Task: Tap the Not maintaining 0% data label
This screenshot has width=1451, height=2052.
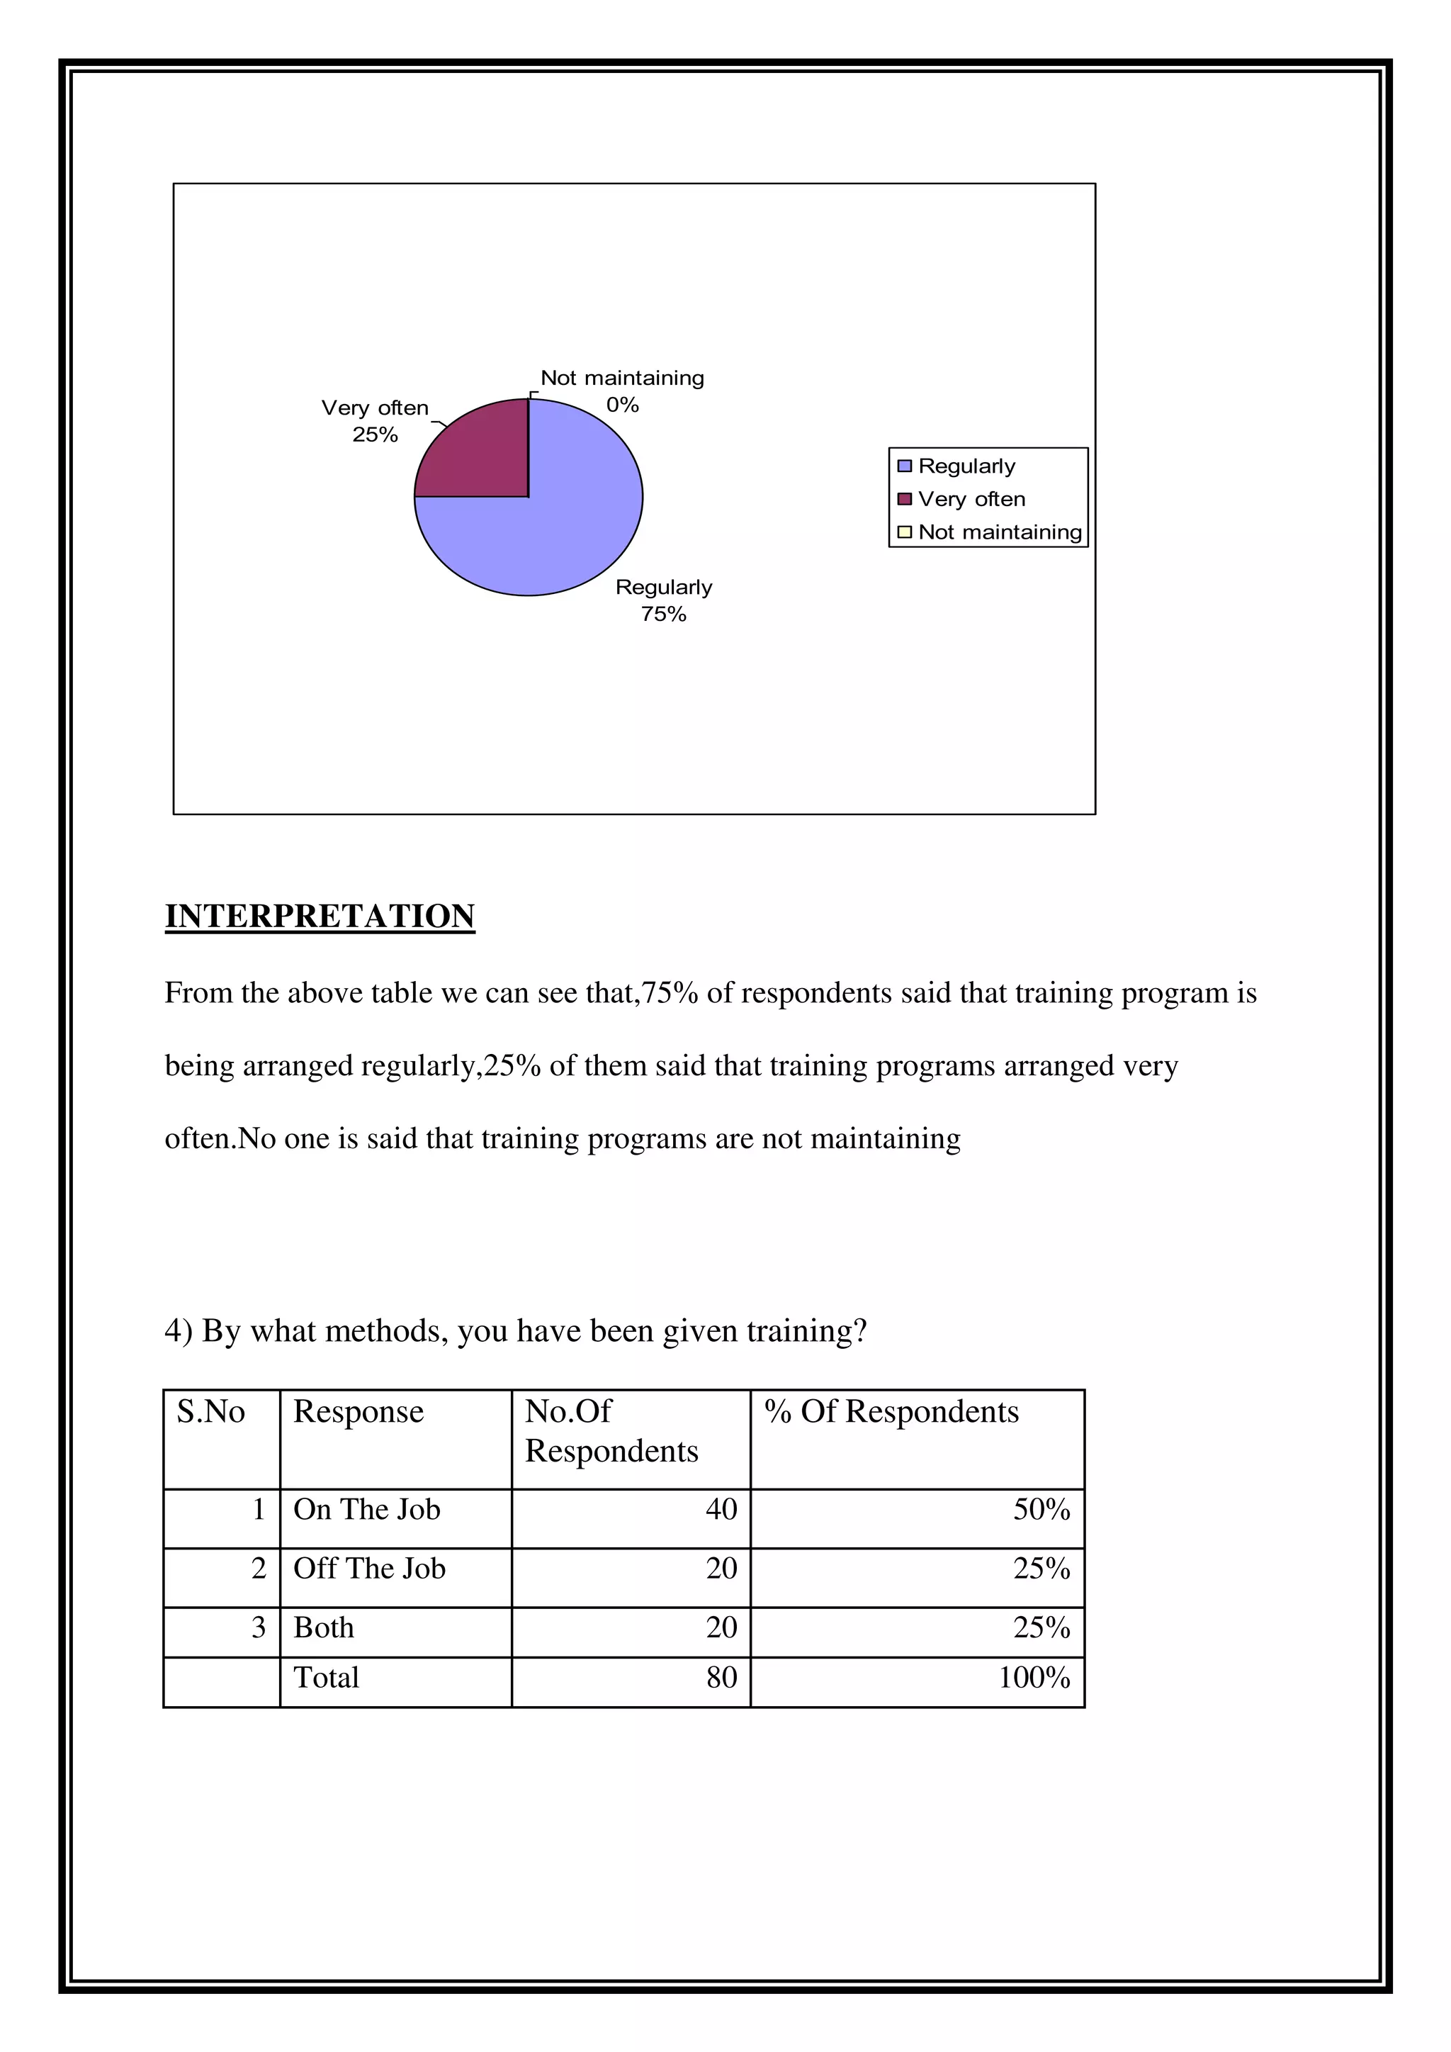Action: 622,391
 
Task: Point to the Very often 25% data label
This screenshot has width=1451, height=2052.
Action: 376,420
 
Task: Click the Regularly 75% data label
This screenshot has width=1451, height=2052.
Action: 664,600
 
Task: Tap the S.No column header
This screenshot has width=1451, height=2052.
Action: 211,1411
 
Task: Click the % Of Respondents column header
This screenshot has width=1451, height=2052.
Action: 891,1411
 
